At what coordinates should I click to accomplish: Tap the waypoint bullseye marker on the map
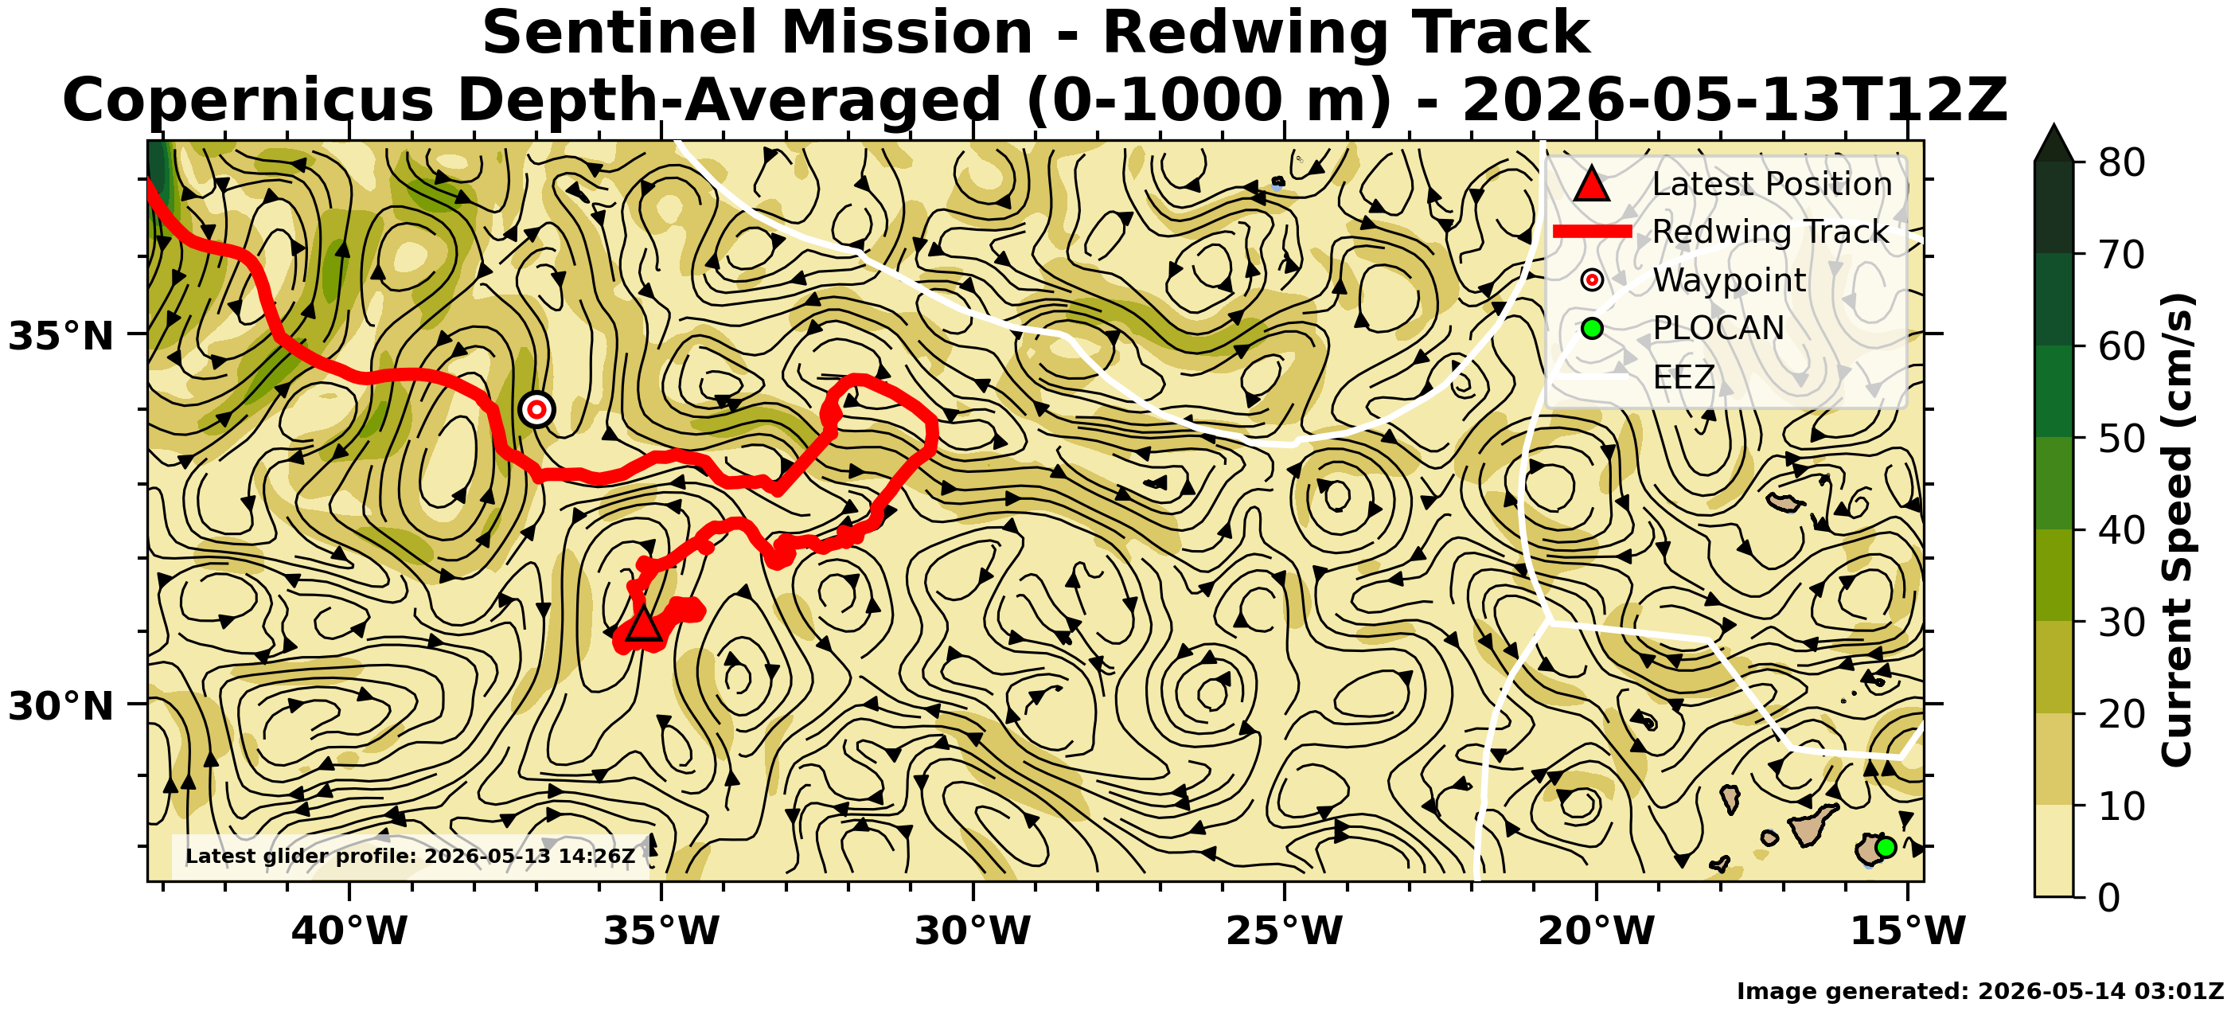point(537,409)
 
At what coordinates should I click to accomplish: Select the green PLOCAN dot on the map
point(1886,847)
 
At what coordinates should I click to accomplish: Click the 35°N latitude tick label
point(61,336)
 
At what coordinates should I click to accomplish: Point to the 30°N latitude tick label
point(61,707)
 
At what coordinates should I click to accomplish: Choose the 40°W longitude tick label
point(349,931)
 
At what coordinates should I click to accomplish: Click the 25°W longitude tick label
point(1285,931)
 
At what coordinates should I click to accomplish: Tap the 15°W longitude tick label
point(1908,931)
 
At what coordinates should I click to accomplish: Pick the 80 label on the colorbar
point(2121,162)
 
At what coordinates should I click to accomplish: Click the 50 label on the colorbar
point(2121,439)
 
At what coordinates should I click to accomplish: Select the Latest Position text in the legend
point(1772,184)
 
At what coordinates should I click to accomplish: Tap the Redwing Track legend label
point(1770,232)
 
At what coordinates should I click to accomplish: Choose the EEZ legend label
point(1683,377)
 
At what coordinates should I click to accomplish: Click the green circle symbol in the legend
point(1592,328)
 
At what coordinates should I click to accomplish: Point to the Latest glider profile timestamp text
point(411,857)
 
